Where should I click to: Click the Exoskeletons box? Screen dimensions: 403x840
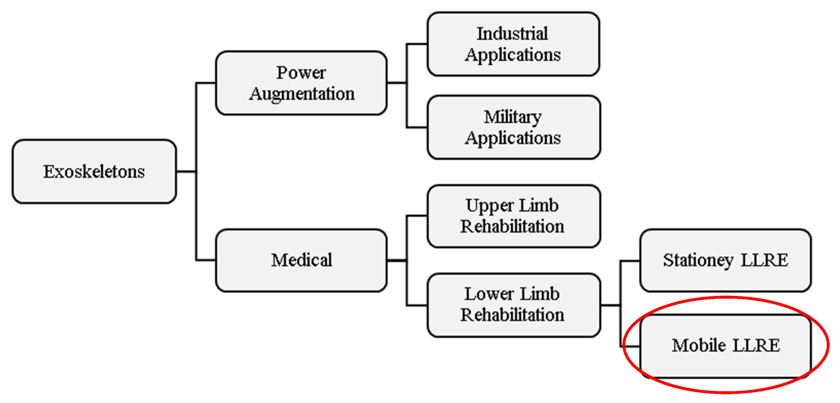[x=94, y=171]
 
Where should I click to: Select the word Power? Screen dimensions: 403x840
[x=301, y=72]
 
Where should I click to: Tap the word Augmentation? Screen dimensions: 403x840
[x=302, y=94]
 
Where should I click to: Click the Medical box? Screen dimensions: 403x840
[x=301, y=260]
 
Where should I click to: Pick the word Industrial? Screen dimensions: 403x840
[x=512, y=34]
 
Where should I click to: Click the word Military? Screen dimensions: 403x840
[x=512, y=117]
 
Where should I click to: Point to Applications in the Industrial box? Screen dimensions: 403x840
[x=513, y=55]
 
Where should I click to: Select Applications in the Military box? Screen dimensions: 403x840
[x=513, y=138]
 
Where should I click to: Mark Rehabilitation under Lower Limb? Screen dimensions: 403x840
[x=512, y=315]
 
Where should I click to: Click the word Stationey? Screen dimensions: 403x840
[x=698, y=261]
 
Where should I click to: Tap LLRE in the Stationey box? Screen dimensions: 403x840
[x=764, y=260]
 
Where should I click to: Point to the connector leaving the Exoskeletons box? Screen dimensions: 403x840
[x=186, y=171]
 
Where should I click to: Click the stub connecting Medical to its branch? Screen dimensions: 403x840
[x=397, y=261]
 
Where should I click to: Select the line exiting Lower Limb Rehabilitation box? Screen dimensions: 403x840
[x=610, y=306]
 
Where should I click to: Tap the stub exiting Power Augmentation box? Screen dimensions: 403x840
[x=397, y=83]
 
